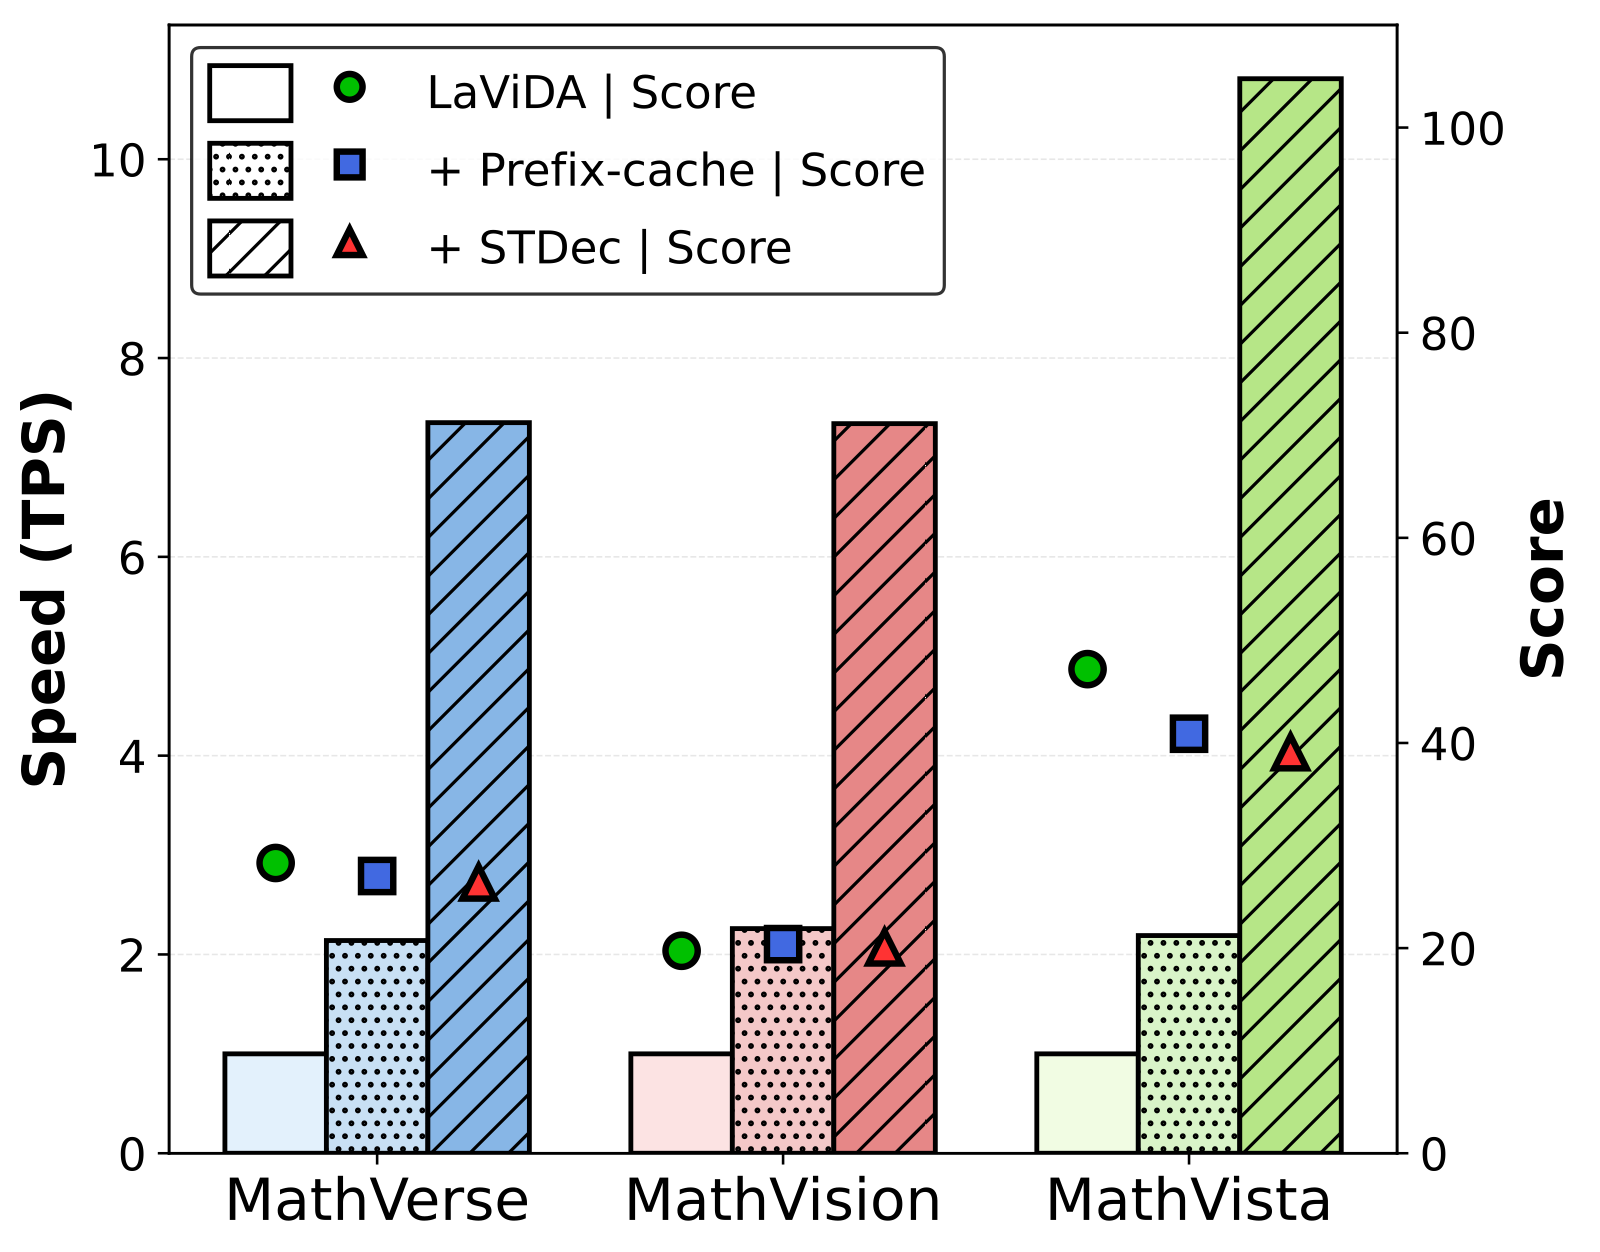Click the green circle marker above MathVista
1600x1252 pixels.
point(1087,668)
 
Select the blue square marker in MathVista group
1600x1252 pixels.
point(1189,734)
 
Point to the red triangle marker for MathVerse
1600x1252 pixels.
point(478,884)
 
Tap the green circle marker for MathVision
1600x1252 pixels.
point(681,950)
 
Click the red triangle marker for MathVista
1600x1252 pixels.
point(1290,754)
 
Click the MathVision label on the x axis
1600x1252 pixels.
point(782,1201)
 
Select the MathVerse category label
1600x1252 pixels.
point(376,1201)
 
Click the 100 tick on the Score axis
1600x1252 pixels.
point(1462,130)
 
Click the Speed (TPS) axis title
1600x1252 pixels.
point(46,590)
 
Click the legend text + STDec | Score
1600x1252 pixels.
point(610,248)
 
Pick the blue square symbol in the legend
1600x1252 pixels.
point(350,165)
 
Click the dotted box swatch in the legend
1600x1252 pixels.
point(250,170)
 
